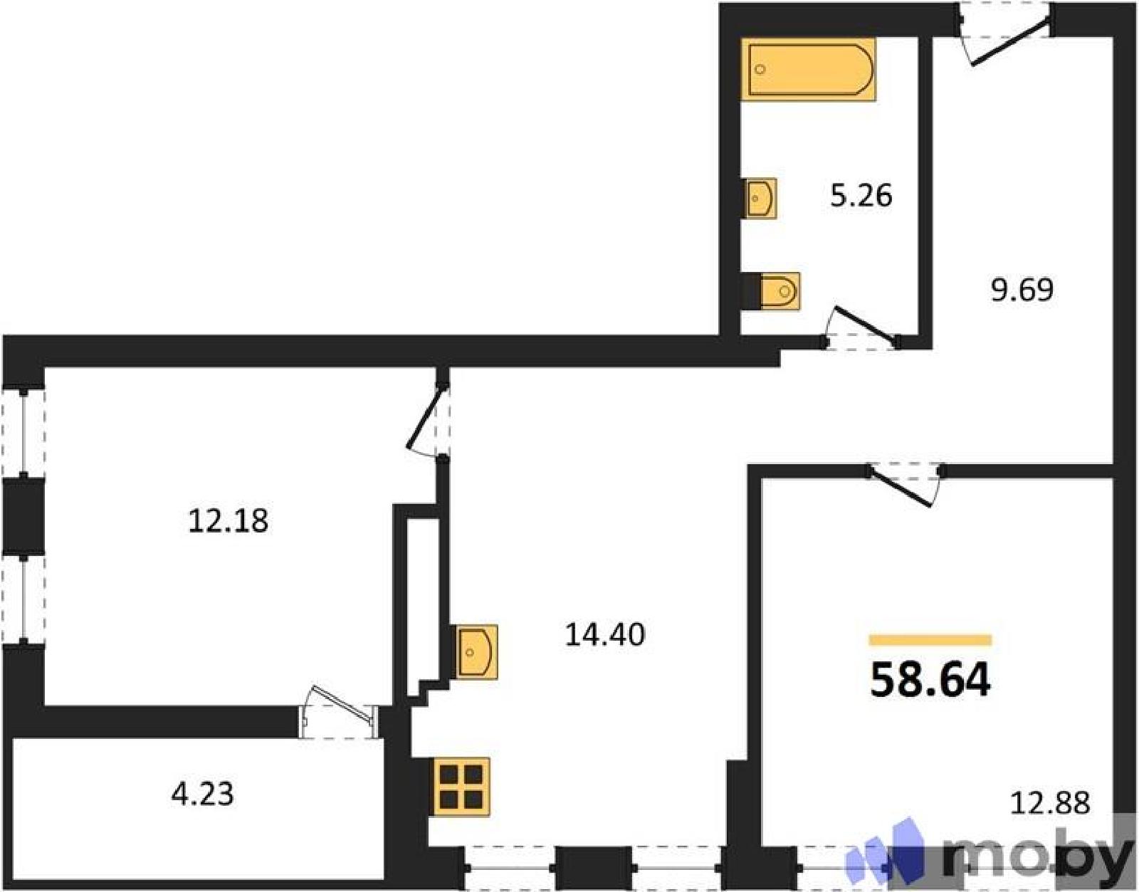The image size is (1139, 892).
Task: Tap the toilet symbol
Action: [x=770, y=291]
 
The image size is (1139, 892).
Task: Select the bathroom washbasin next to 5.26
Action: [x=760, y=198]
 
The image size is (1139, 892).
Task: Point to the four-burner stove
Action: [x=461, y=787]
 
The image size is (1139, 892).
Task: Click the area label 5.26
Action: [x=861, y=196]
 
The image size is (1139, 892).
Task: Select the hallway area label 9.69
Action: [x=1022, y=290]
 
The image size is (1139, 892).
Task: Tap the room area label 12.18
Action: [x=228, y=521]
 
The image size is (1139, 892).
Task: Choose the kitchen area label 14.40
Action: [x=605, y=635]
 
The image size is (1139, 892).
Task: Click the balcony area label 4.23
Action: [x=202, y=794]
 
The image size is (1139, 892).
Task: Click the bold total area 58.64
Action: [x=930, y=680]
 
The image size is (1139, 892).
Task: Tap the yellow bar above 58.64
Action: [x=930, y=639]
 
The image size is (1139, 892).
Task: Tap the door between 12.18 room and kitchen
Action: [x=424, y=416]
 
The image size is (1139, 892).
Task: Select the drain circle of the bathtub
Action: [x=761, y=68]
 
